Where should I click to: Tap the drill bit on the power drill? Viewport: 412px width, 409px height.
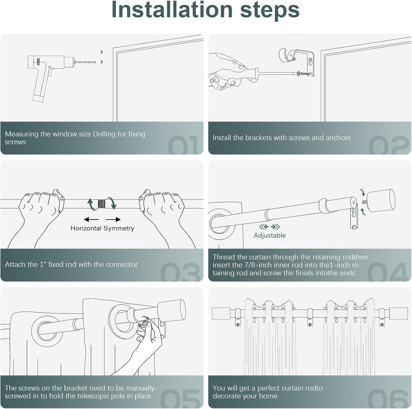[x=85, y=62]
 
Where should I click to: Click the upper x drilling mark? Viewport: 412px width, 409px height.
[x=102, y=52]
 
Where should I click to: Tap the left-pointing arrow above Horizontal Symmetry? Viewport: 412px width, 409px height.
[x=91, y=219]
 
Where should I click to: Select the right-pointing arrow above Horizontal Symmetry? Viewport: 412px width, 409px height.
[x=113, y=219]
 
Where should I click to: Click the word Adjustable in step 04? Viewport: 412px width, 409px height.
[x=270, y=235]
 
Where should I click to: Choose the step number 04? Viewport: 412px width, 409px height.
[x=388, y=272]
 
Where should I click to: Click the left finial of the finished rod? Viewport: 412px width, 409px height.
[x=221, y=314]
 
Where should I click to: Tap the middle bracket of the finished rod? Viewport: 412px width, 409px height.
[x=310, y=317]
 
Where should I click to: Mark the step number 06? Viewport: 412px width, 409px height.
[x=388, y=399]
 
